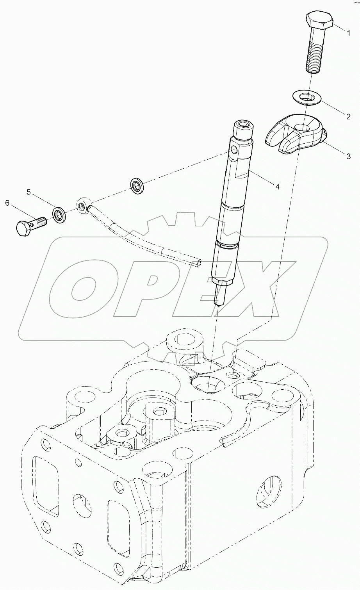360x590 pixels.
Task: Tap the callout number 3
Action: pyautogui.click(x=348, y=157)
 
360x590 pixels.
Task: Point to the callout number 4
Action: pyautogui.click(x=277, y=187)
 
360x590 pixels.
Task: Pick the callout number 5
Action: pyautogui.click(x=29, y=192)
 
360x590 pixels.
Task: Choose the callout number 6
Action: pyautogui.click(x=7, y=203)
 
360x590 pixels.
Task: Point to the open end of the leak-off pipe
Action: pyautogui.click(x=200, y=263)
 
